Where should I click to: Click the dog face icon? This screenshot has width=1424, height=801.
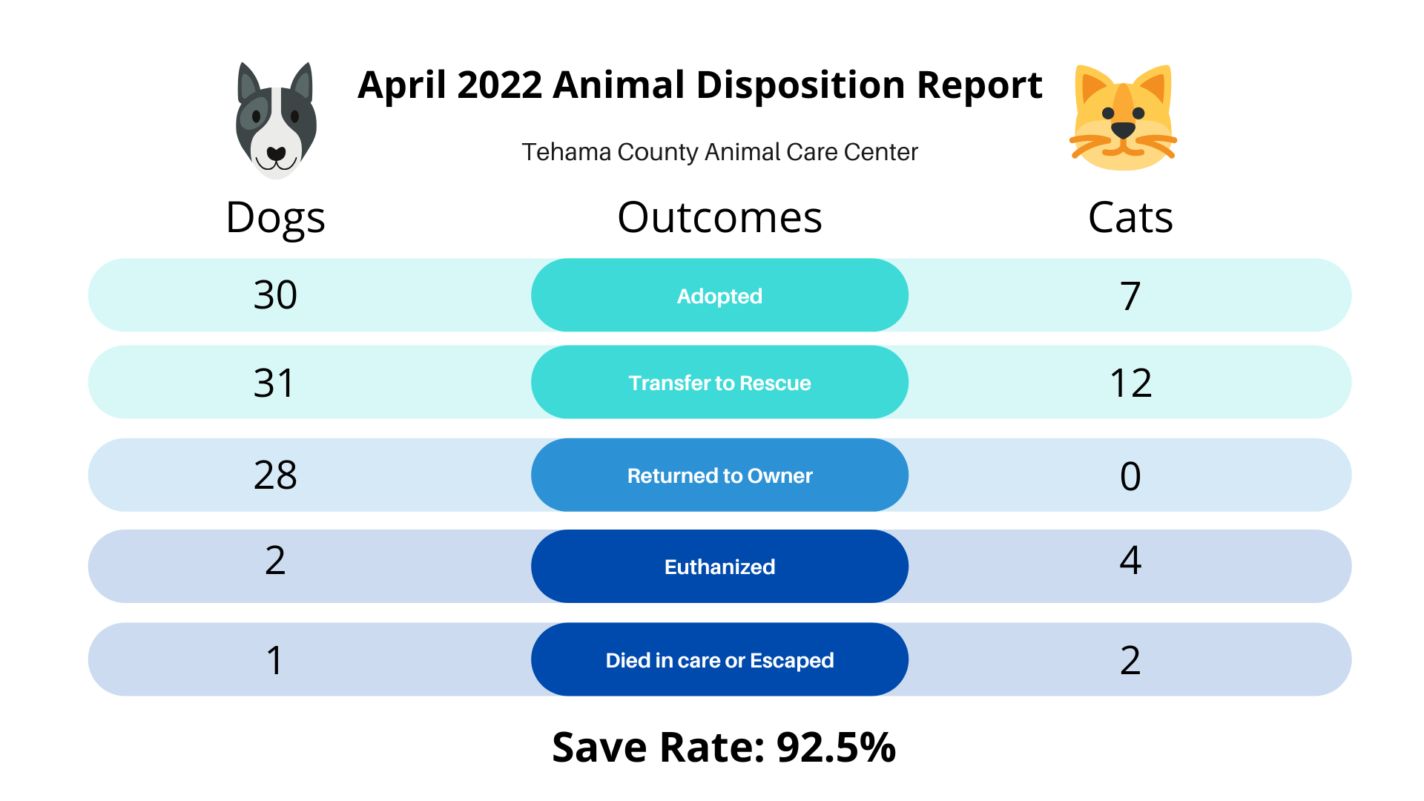pyautogui.click(x=276, y=120)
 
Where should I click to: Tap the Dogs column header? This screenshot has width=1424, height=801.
pyautogui.click(x=275, y=219)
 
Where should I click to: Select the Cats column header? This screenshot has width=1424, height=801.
pyautogui.click(x=1130, y=218)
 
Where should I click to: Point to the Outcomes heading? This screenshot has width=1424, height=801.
pyautogui.click(x=719, y=218)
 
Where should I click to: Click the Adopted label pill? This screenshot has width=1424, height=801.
pyautogui.click(x=719, y=295)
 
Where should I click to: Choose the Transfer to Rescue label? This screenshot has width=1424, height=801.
pyautogui.click(x=719, y=383)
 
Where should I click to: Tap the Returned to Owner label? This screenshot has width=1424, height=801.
pyautogui.click(x=719, y=475)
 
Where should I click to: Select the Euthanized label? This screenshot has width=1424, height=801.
pyautogui.click(x=719, y=567)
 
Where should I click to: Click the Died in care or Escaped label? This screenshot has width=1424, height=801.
pyautogui.click(x=719, y=660)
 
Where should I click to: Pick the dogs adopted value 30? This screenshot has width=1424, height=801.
pyautogui.click(x=275, y=295)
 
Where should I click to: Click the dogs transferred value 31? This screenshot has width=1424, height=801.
pyautogui.click(x=274, y=383)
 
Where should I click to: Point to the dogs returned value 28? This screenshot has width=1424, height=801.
pyautogui.click(x=275, y=475)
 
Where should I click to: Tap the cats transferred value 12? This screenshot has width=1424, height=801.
pyautogui.click(x=1130, y=383)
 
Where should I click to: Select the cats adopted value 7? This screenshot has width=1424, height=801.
pyautogui.click(x=1130, y=296)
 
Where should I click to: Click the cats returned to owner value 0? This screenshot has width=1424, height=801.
pyautogui.click(x=1130, y=476)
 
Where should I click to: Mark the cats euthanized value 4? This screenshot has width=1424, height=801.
pyautogui.click(x=1130, y=560)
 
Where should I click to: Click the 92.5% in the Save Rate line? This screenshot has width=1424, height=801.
pyautogui.click(x=836, y=748)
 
